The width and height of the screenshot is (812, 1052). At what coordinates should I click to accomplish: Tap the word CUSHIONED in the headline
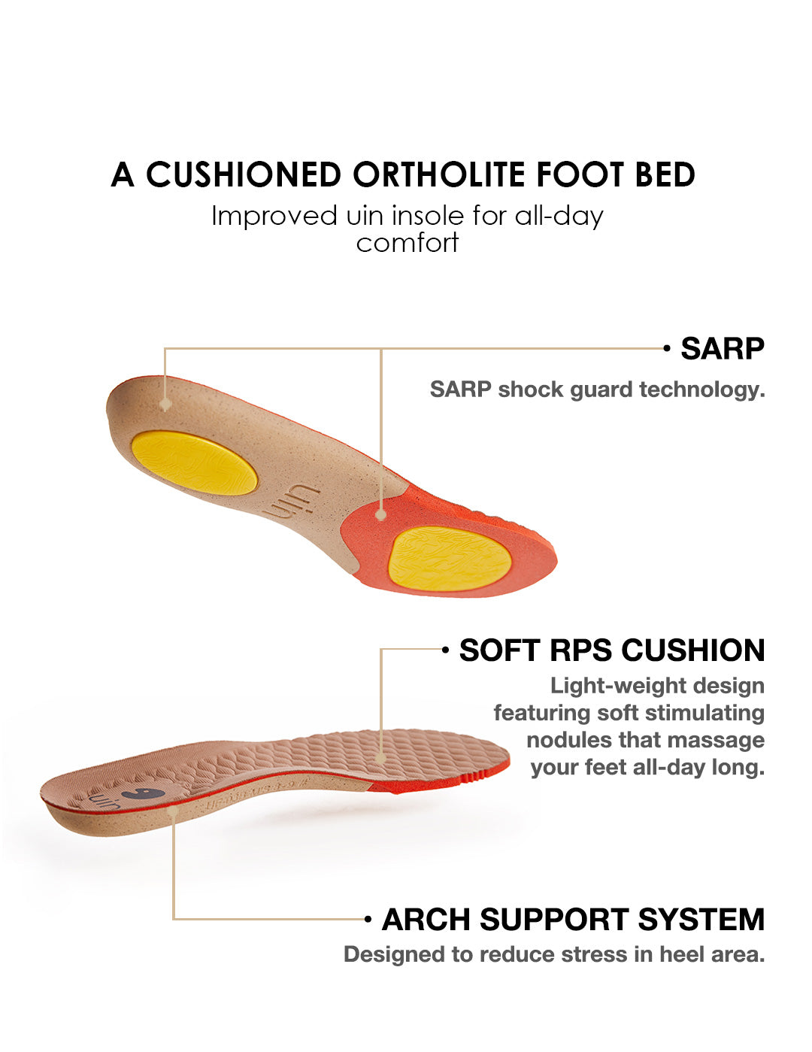coord(244,174)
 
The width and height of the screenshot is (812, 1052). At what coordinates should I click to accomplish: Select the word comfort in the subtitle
coord(407,243)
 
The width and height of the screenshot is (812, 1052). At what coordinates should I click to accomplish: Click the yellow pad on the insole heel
coord(194,462)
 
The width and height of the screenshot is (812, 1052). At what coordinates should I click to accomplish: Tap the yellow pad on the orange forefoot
coord(450,559)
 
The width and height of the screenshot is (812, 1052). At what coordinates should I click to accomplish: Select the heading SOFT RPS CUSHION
coord(612,650)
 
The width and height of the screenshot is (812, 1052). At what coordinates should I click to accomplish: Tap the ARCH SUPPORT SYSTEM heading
coord(573,920)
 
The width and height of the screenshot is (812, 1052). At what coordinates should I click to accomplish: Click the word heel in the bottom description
coord(680,954)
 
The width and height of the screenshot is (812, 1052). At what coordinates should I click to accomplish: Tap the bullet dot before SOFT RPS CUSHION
coord(446,650)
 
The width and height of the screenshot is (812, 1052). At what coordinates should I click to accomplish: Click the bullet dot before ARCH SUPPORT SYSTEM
coord(368,919)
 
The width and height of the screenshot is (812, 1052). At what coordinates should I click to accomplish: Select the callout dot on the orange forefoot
coord(381,515)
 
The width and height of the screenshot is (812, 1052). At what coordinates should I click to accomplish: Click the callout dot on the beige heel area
coord(165,404)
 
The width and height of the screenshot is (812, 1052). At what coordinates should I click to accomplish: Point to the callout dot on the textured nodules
coord(381,758)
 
